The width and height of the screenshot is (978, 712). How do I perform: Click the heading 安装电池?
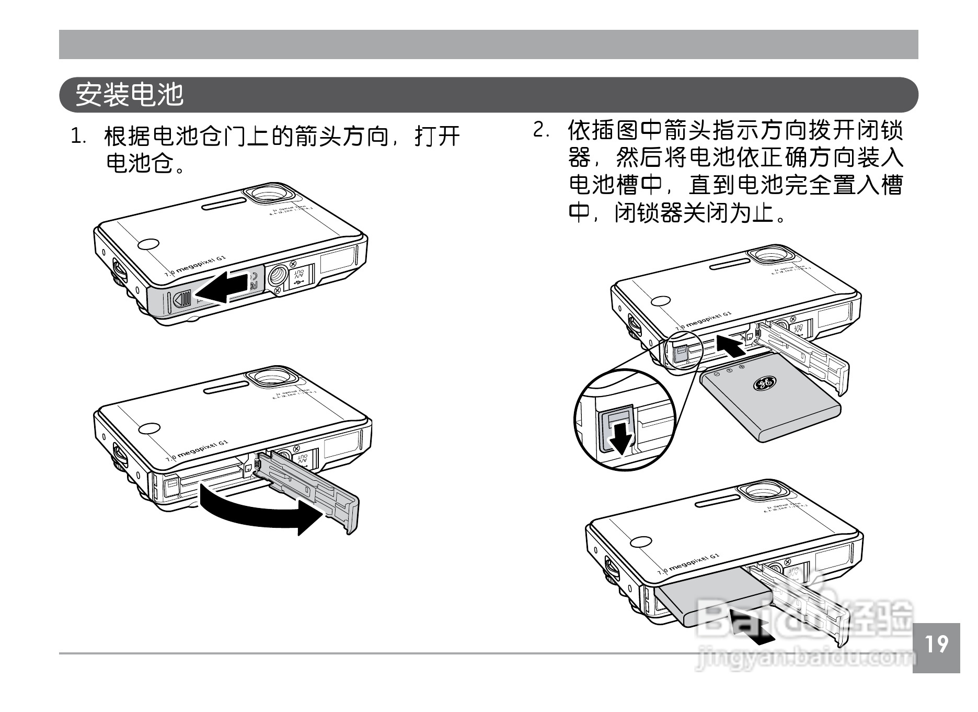[x=130, y=95]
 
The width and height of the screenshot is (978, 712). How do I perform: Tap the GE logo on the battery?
[x=764, y=383]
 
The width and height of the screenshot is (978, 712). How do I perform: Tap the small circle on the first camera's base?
[x=148, y=245]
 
